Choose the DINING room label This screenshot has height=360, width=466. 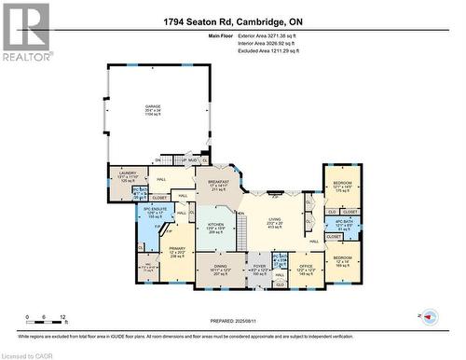click(220, 269)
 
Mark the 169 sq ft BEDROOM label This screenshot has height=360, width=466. click(342, 260)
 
